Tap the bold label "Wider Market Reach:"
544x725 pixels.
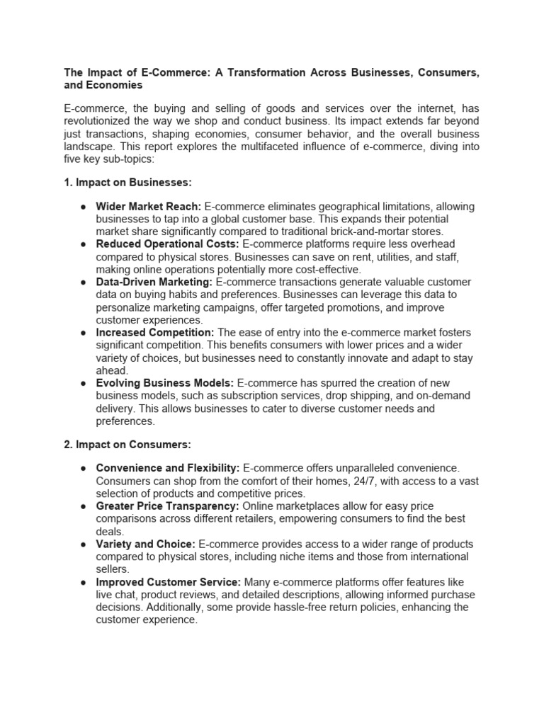tap(149, 206)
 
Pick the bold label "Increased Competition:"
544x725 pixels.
tap(155, 332)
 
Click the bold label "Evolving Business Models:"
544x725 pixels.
tap(165, 382)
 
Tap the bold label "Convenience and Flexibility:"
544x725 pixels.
tap(168, 469)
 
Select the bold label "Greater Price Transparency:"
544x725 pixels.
tap(168, 506)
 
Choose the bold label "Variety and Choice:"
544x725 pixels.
tap(146, 544)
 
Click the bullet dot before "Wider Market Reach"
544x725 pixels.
tap(83, 207)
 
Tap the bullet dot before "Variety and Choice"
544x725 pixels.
tap(83, 545)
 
